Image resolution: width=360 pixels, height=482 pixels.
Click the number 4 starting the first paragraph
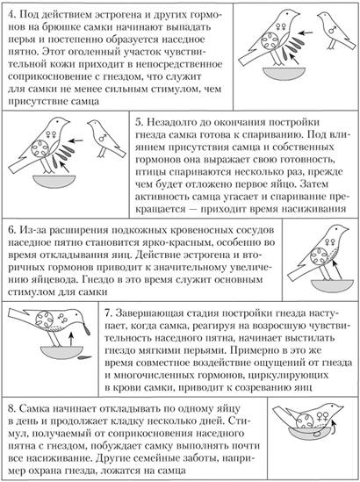(11, 15)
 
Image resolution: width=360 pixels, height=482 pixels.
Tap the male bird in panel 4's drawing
(335, 31)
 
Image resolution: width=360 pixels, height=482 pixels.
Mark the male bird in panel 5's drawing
(106, 139)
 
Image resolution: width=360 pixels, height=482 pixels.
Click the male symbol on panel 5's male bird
(103, 138)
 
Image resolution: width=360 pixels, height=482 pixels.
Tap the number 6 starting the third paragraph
(11, 230)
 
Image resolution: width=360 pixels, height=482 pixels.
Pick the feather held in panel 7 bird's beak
(88, 330)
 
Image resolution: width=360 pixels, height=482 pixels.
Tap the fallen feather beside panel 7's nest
(84, 357)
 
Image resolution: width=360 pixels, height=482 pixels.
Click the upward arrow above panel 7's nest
(71, 339)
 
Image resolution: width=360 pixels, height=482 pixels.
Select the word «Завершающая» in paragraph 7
(146, 313)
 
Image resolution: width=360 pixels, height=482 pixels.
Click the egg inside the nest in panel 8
(316, 434)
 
